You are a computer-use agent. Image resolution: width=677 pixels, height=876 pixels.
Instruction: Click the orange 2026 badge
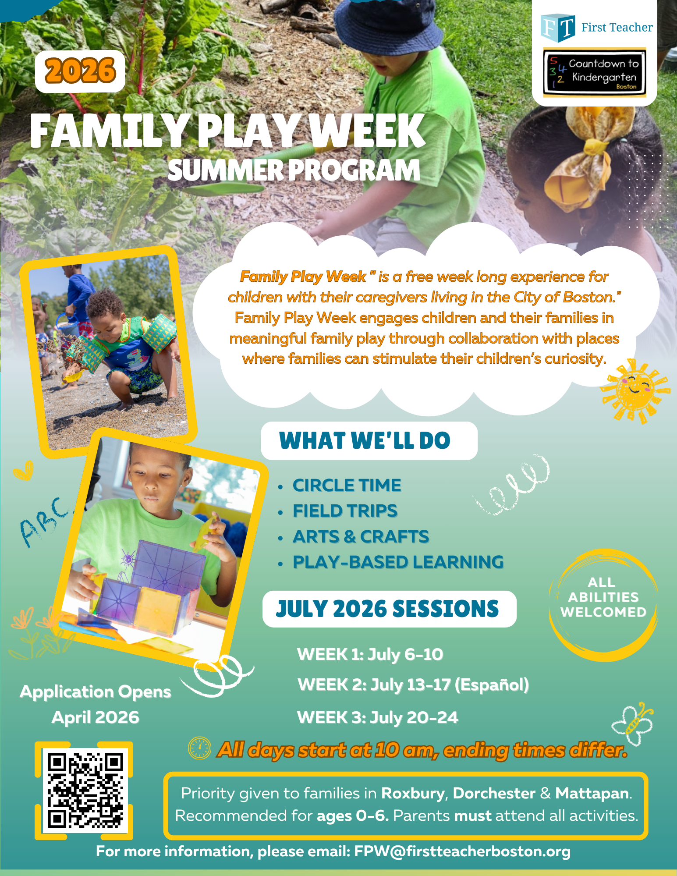pyautogui.click(x=80, y=71)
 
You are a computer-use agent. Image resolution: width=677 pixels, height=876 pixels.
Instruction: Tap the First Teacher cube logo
pyautogui.click(x=557, y=28)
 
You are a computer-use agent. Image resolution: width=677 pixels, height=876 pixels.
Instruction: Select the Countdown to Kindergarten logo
pyautogui.click(x=594, y=73)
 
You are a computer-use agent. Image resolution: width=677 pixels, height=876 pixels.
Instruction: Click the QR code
pyautogui.click(x=84, y=791)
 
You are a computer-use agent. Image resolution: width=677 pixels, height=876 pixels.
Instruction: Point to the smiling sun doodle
pyautogui.click(x=636, y=390)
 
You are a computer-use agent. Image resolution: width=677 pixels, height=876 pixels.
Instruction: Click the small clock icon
pyautogui.click(x=199, y=748)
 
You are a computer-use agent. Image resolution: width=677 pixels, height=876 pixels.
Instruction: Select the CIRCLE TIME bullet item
pyautogui.click(x=347, y=485)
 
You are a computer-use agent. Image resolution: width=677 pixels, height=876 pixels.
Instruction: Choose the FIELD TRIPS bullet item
pyautogui.click(x=345, y=511)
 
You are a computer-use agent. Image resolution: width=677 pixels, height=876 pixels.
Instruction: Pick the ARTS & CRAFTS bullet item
pyautogui.click(x=361, y=536)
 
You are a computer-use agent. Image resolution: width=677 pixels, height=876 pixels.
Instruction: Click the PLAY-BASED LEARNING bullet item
pyautogui.click(x=398, y=562)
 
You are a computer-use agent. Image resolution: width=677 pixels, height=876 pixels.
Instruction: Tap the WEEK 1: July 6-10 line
pyautogui.click(x=370, y=654)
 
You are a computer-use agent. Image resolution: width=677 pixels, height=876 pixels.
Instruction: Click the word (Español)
pyautogui.click(x=492, y=684)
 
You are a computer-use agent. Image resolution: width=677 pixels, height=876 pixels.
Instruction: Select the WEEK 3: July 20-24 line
pyautogui.click(x=377, y=717)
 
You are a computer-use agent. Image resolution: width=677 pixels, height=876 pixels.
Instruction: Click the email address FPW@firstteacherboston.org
pyautogui.click(x=462, y=851)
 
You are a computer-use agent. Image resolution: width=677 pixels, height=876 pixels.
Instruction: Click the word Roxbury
pyautogui.click(x=412, y=793)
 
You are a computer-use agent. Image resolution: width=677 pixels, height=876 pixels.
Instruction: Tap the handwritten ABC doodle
pyautogui.click(x=44, y=521)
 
